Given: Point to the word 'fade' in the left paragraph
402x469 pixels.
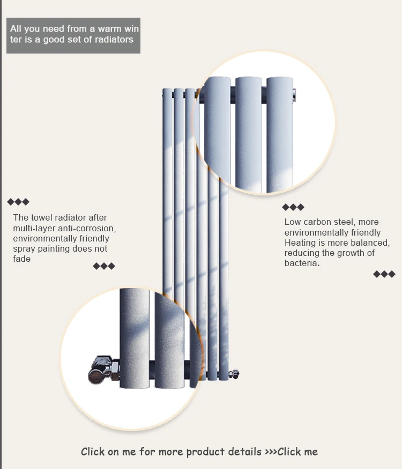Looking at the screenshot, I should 22,259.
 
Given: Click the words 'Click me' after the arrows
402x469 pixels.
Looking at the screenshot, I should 297,451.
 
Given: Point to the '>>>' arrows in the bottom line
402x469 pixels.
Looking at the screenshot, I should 271,452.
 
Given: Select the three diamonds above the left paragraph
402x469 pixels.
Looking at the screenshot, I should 18,202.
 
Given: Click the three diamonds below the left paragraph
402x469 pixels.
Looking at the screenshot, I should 104,266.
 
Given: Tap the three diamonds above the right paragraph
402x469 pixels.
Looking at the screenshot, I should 293,207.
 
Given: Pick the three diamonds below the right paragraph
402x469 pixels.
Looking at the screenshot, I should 384,274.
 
